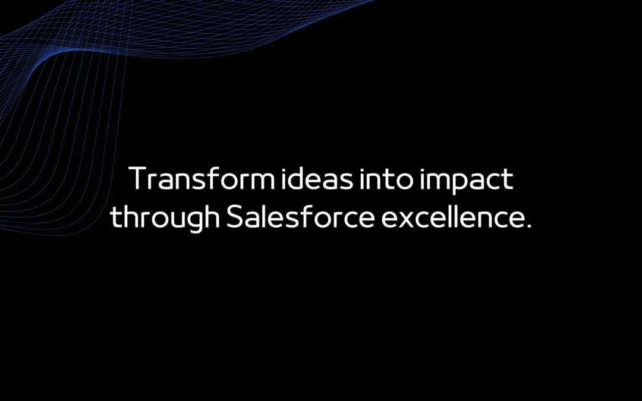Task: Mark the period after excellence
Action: tap(527, 226)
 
